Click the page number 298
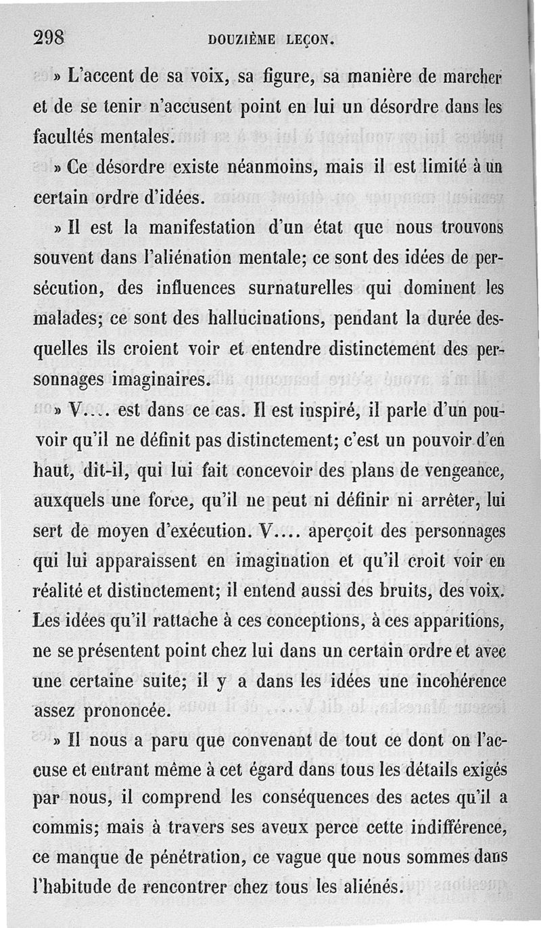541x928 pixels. [49, 39]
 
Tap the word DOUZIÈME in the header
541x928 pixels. [241, 40]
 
